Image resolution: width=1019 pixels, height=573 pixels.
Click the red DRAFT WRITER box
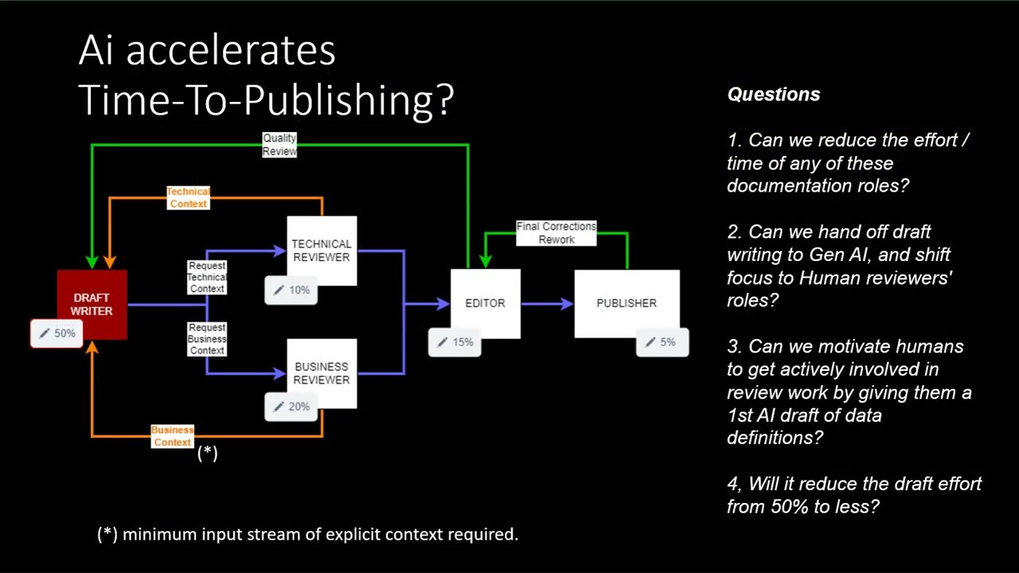click(92, 304)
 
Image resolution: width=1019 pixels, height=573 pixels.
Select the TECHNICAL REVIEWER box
click(322, 251)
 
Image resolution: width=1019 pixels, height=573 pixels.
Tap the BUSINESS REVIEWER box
click(322, 373)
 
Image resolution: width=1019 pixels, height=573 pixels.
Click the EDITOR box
click(486, 303)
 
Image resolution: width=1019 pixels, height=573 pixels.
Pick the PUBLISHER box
click(627, 303)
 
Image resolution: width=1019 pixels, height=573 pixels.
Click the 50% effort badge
click(57, 333)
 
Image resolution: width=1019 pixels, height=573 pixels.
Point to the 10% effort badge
click(291, 290)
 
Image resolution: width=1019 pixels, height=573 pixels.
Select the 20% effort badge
click(291, 407)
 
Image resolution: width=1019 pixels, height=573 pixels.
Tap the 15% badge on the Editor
click(455, 342)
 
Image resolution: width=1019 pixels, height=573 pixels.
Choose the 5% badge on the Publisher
click(662, 342)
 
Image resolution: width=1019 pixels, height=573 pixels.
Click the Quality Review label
click(279, 145)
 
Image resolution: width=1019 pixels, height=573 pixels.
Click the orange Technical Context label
click(189, 197)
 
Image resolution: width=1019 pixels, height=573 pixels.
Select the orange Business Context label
click(173, 435)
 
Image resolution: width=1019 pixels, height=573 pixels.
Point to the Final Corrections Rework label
click(556, 233)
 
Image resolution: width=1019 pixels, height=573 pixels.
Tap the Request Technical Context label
click(207, 277)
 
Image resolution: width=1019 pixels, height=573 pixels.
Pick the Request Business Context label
click(207, 339)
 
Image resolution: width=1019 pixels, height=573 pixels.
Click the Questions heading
click(773, 94)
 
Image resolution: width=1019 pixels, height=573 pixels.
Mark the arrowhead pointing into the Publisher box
click(568, 303)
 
